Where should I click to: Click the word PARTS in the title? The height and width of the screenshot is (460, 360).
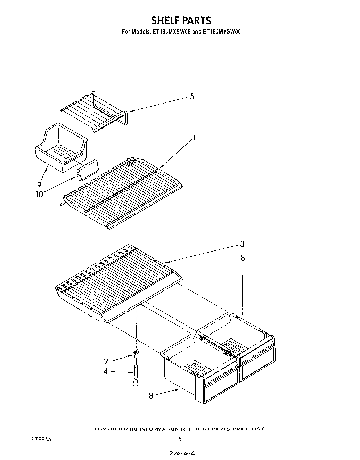(x=196, y=20)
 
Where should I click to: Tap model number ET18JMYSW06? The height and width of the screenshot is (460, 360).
(x=222, y=31)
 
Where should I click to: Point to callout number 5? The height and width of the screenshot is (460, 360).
(x=192, y=96)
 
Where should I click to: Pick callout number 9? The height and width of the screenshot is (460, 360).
(x=39, y=185)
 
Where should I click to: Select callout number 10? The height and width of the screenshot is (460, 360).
(x=39, y=194)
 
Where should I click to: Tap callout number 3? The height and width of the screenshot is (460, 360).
(x=242, y=244)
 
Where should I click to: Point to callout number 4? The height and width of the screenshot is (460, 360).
(x=106, y=371)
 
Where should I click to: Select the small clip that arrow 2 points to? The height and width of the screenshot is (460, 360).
(x=136, y=354)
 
